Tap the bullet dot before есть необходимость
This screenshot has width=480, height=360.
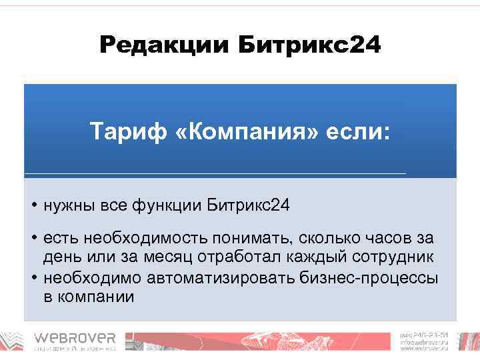pos(33,238)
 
